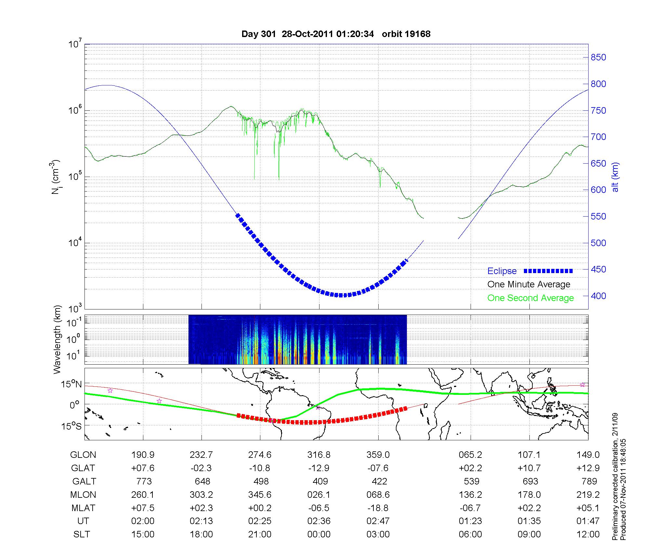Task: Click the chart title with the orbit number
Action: (336, 34)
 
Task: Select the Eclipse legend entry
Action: (530, 271)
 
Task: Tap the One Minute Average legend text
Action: (529, 284)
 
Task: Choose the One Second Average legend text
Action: (530, 298)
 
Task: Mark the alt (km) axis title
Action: (615, 177)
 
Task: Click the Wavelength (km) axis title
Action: (58, 339)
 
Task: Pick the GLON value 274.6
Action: (260, 455)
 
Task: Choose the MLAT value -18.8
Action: (378, 508)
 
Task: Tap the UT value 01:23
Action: (470, 521)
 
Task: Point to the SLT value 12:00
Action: (588, 534)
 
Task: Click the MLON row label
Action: (83, 495)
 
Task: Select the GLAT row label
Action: (83, 468)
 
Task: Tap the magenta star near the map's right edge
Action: (582, 385)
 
